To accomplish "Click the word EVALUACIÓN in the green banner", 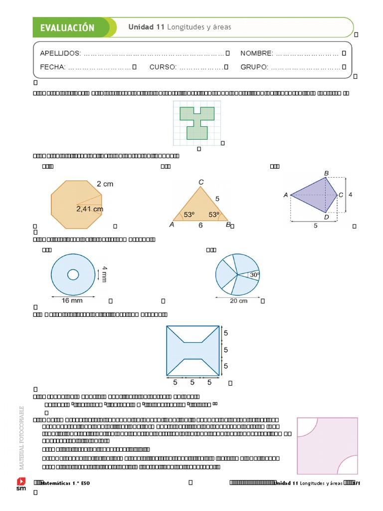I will point(67,28).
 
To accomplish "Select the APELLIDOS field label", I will point(60,53).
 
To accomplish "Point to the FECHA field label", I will point(52,67).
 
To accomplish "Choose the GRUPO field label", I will point(254,67).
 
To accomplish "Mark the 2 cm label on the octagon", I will point(105,184).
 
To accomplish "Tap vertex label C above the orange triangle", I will point(201,182).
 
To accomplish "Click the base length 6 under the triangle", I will point(200,226).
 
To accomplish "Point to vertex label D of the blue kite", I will point(326,217).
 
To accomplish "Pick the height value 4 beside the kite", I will point(350,195).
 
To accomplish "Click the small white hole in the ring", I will point(73,274).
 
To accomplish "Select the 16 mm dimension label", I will point(71,300).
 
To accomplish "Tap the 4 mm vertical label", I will point(104,274).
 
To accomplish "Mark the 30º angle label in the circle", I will point(254,274).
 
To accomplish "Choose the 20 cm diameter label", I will point(238,300).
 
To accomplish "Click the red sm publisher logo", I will point(21,484).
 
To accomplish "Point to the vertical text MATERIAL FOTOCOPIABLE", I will point(21,438).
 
